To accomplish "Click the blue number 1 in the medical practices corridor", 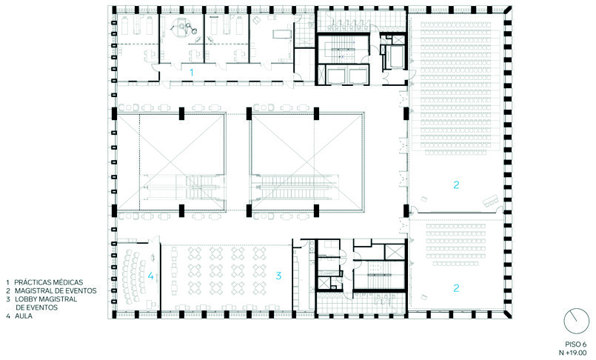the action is coord(192,73).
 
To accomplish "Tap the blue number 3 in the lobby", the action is coord(278,276).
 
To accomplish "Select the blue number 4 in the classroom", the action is coord(150,276).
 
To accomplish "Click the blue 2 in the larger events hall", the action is coord(456,184).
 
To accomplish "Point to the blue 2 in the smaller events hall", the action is coord(456,288).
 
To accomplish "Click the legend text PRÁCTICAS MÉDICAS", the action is coord(49,282).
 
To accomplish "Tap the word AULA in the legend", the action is coord(24,316).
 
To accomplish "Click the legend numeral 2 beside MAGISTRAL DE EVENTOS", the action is coord(8,291).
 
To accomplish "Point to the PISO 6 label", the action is coord(575,344).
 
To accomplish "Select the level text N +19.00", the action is coord(572,353).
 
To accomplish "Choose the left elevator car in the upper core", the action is coord(336,76).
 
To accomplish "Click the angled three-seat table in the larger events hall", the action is coord(490,199).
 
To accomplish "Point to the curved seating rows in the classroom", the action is coord(132,276).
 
